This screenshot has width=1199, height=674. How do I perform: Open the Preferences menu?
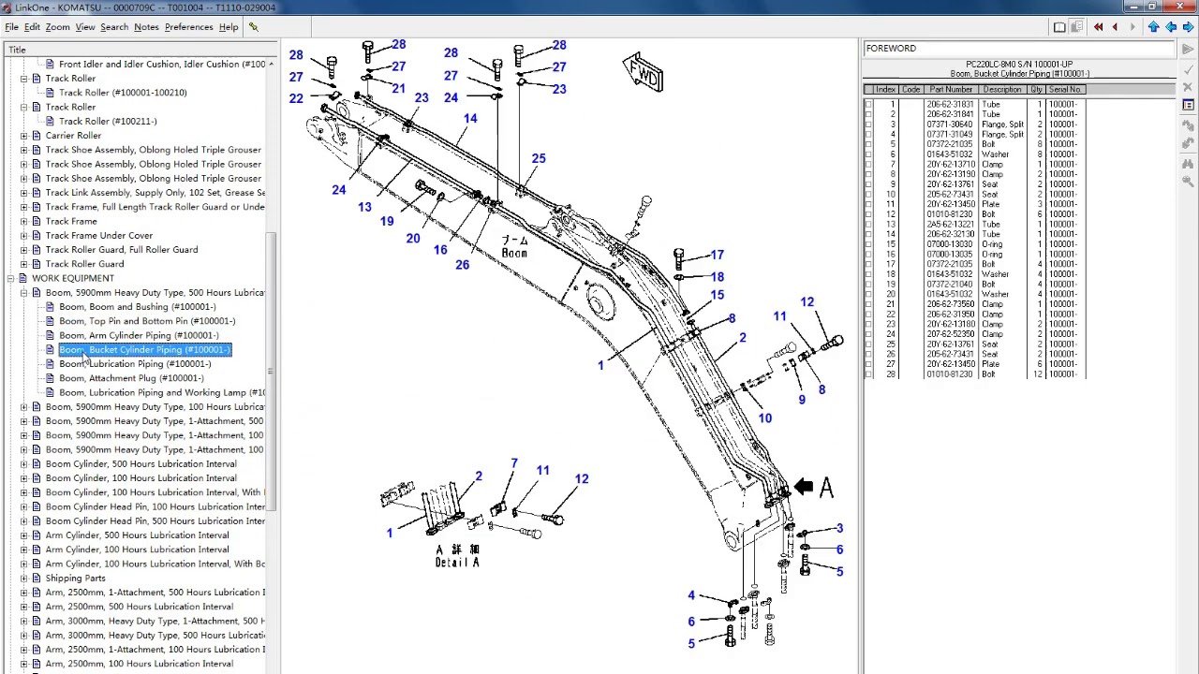pos(188,27)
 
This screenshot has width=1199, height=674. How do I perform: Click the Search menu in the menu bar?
pos(114,27)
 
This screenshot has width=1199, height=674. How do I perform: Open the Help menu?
pos(229,27)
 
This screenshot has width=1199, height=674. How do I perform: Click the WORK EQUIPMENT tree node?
pos(73,278)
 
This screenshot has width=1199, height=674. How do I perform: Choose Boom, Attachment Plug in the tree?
pos(131,378)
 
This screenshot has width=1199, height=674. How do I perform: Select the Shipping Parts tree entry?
pos(75,579)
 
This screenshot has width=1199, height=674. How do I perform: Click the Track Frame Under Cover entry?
pos(98,236)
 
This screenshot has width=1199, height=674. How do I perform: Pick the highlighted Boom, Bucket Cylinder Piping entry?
pos(144,350)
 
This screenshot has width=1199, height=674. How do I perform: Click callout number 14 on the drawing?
pos(469,119)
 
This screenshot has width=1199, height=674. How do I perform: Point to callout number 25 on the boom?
pos(538,159)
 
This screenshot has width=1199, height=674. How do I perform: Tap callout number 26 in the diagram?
pos(462,265)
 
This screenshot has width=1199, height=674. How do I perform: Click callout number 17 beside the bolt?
pos(717,255)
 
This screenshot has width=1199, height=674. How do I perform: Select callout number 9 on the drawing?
pos(801,400)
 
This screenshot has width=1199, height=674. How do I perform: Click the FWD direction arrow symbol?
pos(644,73)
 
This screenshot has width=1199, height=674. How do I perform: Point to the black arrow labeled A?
pos(804,486)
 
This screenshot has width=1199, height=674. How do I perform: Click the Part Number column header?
pos(951,90)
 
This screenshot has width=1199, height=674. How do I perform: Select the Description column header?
pos(1001,90)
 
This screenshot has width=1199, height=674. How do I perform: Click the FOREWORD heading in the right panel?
pos(891,49)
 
